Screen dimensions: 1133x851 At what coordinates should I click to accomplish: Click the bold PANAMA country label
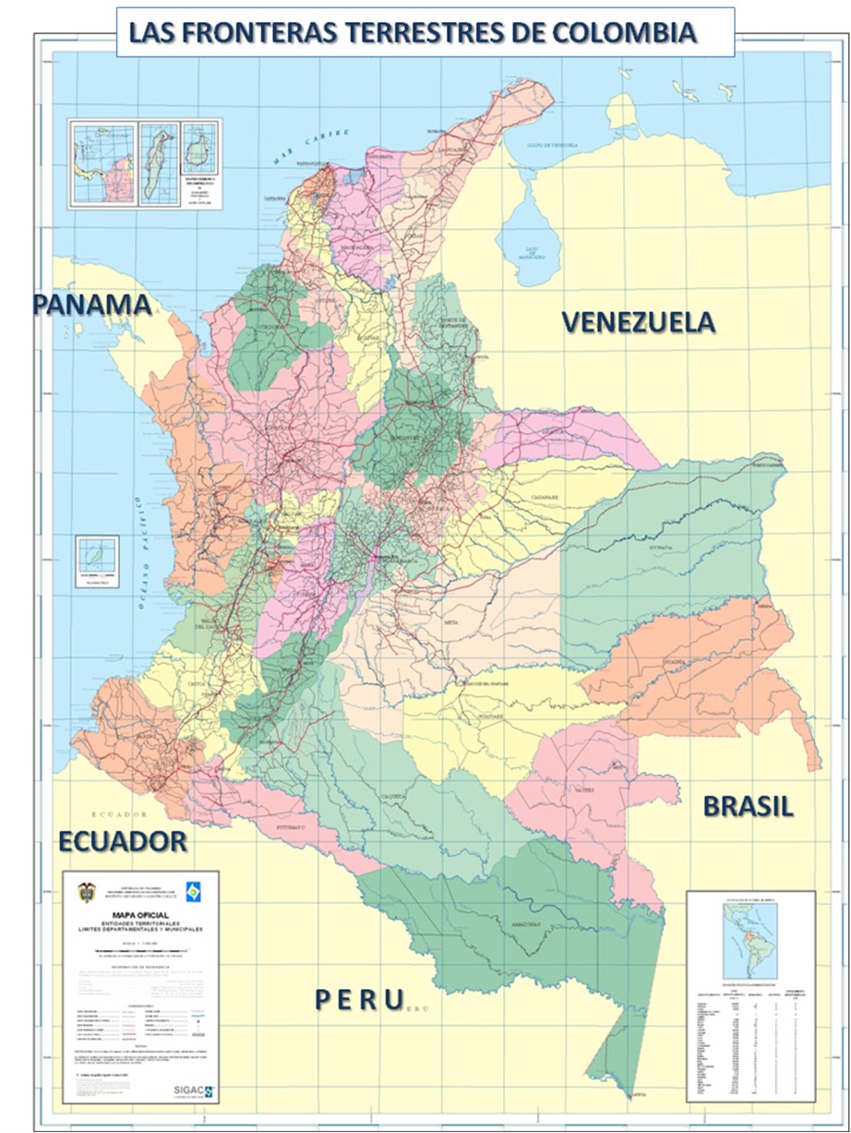click(x=92, y=305)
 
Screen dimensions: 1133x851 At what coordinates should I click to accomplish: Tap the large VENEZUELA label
click(x=639, y=321)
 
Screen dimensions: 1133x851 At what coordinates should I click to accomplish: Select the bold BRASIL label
click(x=748, y=805)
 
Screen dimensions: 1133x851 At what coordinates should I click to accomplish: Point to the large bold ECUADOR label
click(x=123, y=841)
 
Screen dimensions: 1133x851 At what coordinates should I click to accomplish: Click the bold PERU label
click(x=358, y=999)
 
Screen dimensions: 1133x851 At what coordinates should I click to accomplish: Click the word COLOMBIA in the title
click(x=626, y=33)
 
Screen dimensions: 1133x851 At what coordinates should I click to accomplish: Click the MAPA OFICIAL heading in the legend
click(x=139, y=916)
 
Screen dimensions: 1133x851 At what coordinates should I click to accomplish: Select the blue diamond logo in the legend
click(x=192, y=891)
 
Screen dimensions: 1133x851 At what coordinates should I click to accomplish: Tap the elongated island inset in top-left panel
click(x=160, y=163)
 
